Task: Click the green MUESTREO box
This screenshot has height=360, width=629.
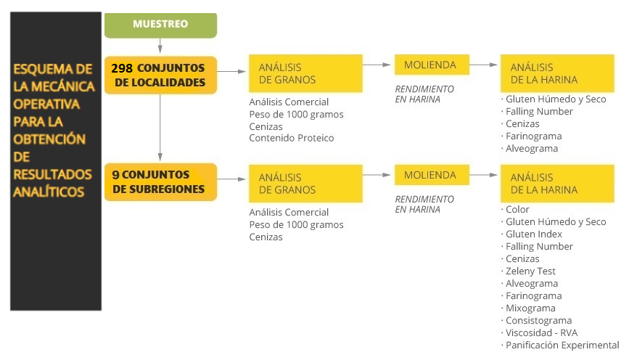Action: coord(160,25)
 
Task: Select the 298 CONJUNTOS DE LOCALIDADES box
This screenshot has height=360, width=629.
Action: coord(160,75)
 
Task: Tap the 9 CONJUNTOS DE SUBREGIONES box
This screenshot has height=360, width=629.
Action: coord(160,181)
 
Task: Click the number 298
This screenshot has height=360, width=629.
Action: coord(122,68)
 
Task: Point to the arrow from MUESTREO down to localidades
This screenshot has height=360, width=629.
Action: coord(160,46)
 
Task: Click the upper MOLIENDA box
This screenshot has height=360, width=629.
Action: coord(432,65)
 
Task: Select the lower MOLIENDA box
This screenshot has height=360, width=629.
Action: coord(432,175)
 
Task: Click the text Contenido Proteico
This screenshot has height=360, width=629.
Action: coord(291,138)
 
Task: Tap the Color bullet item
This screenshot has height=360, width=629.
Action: coord(515,210)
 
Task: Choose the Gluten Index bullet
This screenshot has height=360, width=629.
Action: coord(532,234)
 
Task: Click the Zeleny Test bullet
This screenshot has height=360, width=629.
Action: coord(528,271)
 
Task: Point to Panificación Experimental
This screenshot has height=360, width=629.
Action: coord(560,345)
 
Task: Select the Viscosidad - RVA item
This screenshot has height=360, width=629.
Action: coord(539,332)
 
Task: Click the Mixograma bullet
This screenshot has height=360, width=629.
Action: coord(528,308)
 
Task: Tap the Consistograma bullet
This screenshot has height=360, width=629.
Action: coord(536,321)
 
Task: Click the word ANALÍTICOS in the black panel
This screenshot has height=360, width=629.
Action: coord(49,192)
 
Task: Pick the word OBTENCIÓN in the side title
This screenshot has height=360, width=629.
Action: coord(49,139)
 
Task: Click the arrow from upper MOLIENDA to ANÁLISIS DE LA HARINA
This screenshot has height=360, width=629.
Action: coord(483,65)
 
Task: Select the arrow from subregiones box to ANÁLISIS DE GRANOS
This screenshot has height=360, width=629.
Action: coord(231,179)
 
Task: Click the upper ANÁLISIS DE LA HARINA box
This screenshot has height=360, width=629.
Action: coord(557,73)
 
